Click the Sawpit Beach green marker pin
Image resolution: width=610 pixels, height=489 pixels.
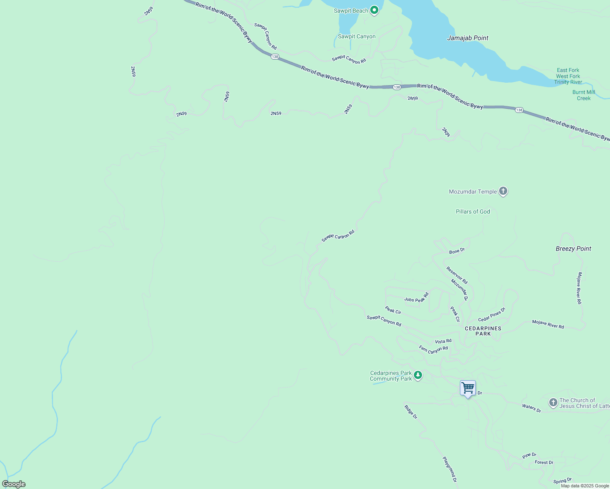tap(374, 11)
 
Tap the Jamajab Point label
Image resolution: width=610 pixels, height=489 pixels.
tap(468, 38)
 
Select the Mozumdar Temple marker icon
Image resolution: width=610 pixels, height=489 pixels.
tap(503, 191)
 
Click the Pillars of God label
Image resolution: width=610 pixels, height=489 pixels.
tap(473, 211)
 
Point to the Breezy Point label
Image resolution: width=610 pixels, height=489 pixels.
tap(573, 249)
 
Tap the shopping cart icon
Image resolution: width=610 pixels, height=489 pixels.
tap(468, 388)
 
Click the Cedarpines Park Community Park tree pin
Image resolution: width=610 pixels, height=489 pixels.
tap(418, 375)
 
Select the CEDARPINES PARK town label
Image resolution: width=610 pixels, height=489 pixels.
tap(483, 331)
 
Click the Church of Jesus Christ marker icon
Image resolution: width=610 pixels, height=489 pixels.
tap(553, 403)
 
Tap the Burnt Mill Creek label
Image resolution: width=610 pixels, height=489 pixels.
tap(583, 95)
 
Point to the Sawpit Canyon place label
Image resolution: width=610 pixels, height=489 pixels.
tap(357, 37)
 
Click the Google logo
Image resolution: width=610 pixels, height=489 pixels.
tap(13, 484)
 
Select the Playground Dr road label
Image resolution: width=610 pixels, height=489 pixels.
tap(449, 469)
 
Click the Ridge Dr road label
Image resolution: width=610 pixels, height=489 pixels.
tap(411, 412)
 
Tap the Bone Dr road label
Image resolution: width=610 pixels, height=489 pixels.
tap(457, 251)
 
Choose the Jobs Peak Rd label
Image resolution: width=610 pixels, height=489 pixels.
tap(416, 298)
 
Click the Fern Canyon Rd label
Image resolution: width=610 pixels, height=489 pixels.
tap(433, 349)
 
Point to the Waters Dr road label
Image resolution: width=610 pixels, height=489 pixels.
tap(531, 408)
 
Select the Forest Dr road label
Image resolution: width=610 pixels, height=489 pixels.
tap(544, 463)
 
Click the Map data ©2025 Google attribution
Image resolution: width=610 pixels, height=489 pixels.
tap(585, 486)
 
